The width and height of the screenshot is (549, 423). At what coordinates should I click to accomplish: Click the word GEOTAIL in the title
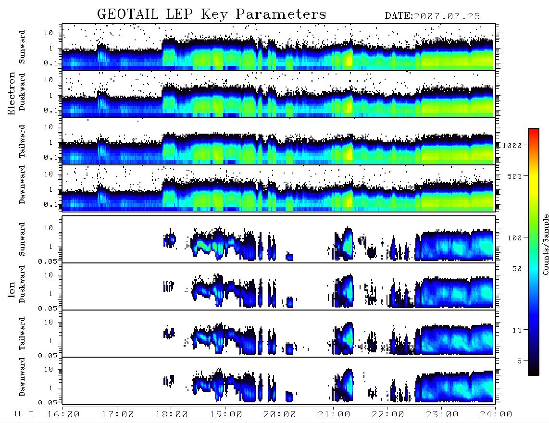(127, 14)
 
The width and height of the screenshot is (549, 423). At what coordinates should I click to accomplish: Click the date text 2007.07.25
(447, 16)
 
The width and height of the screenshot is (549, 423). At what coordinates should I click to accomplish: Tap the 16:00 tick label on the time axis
(63, 414)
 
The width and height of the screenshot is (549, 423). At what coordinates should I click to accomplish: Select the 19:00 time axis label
(226, 414)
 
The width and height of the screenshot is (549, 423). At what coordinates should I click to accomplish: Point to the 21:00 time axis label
(334, 414)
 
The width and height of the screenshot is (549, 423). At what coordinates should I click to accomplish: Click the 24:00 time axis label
(496, 414)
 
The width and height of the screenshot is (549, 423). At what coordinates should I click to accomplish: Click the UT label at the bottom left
(24, 414)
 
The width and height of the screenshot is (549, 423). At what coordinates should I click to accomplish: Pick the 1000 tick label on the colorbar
(512, 145)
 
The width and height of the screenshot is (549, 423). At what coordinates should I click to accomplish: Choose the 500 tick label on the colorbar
(514, 176)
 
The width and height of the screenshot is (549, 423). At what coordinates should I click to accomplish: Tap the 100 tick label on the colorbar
(514, 238)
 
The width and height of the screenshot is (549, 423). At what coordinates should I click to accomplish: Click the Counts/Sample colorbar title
(545, 244)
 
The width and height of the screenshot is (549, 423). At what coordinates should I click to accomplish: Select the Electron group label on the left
(11, 93)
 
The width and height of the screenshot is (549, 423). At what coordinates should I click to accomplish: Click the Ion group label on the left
(11, 289)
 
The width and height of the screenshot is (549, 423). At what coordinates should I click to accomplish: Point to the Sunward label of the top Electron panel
(22, 47)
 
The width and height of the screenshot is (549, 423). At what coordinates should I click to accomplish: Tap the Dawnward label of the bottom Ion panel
(22, 376)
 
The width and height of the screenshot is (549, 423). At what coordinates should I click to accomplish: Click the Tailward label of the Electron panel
(22, 141)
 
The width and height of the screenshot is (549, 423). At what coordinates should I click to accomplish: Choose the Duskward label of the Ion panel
(22, 284)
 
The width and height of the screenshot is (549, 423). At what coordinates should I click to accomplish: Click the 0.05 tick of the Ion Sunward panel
(47, 261)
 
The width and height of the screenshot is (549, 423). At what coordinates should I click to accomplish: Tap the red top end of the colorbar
(533, 130)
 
